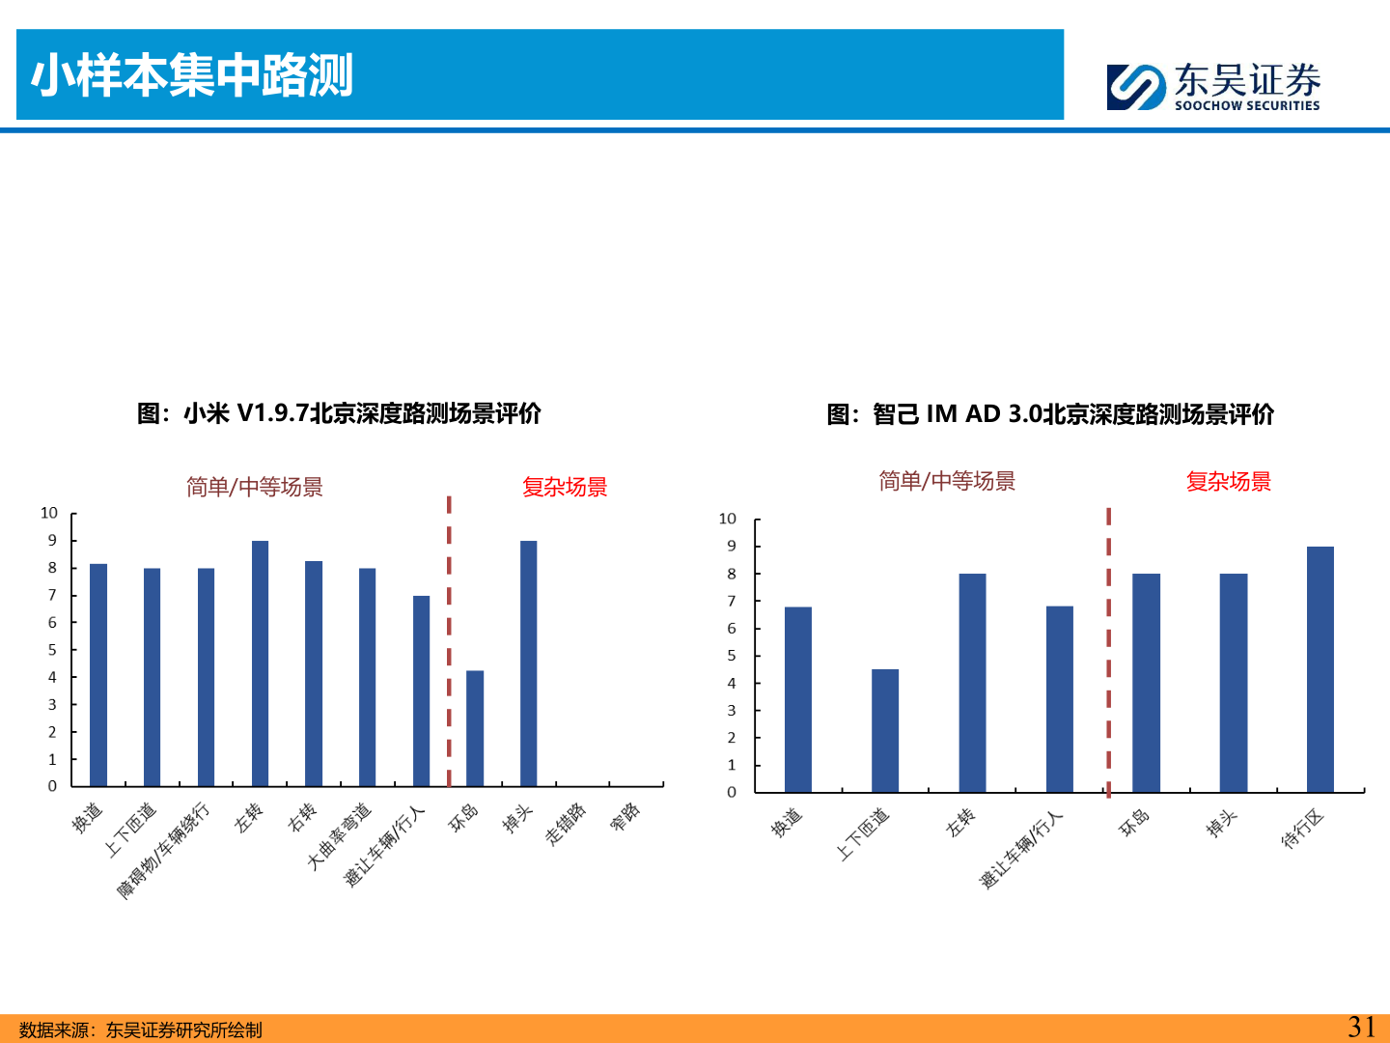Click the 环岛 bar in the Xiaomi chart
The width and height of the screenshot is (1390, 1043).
(x=475, y=728)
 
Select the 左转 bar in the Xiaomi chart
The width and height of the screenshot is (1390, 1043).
(x=260, y=663)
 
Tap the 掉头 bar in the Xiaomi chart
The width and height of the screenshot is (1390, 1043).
(x=528, y=663)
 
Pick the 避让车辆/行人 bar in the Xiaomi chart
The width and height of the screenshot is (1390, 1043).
(x=421, y=691)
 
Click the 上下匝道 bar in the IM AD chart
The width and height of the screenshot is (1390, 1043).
(x=885, y=730)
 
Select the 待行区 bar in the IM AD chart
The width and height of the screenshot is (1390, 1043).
(x=1320, y=669)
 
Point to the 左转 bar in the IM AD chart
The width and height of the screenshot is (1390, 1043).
(x=972, y=683)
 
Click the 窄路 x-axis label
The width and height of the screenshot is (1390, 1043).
(x=625, y=817)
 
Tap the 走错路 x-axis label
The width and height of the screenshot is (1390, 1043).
(x=567, y=824)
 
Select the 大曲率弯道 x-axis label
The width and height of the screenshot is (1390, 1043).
(x=339, y=836)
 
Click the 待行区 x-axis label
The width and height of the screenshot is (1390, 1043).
(x=1302, y=830)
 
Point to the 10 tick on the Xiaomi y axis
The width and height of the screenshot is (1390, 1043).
(x=49, y=513)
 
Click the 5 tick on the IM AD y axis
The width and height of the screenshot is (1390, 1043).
(x=732, y=656)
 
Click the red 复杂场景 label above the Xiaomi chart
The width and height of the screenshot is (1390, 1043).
(x=565, y=487)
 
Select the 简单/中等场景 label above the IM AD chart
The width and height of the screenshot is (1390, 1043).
(x=947, y=481)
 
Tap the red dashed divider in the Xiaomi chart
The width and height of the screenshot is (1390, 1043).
(x=449, y=637)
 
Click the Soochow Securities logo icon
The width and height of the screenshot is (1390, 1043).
(x=1136, y=87)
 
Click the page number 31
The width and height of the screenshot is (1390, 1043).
(x=1361, y=1027)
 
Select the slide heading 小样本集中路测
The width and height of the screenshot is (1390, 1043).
(x=192, y=75)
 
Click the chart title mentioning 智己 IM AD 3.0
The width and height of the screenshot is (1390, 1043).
(x=1050, y=414)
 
